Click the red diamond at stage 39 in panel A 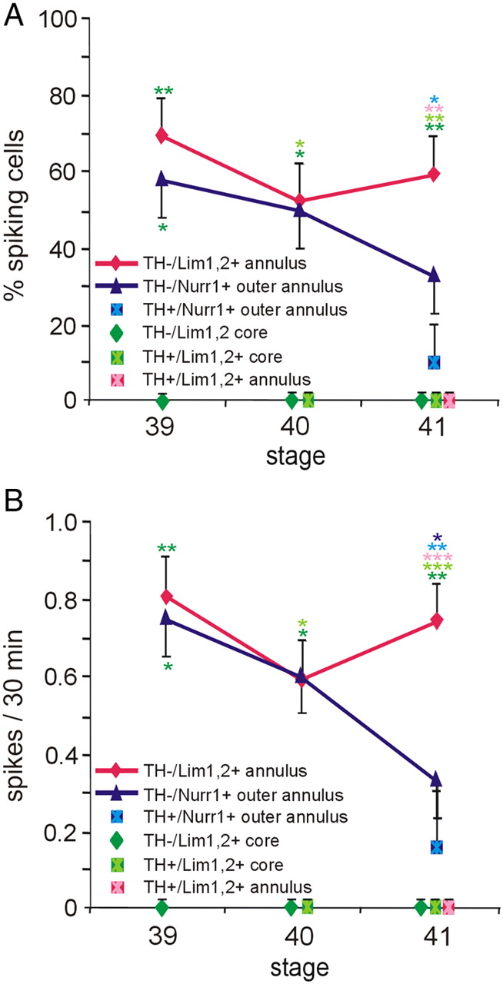tap(162, 135)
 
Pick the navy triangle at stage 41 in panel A tap(435, 275)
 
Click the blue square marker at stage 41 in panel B tap(436, 846)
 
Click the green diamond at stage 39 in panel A tap(162, 400)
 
